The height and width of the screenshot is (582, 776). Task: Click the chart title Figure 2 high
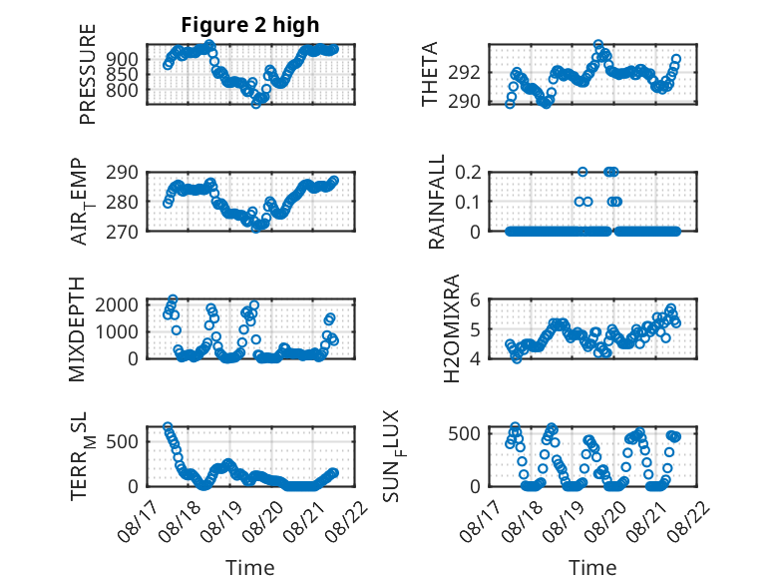pos(250,25)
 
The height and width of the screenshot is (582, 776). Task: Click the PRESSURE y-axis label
pos(87,74)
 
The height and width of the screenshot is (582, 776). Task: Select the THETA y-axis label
pos(430,74)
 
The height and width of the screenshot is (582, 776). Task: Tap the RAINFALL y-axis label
pos(437,202)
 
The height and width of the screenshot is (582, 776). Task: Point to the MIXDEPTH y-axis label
pos(77,329)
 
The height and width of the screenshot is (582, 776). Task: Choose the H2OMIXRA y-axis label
pos(452,328)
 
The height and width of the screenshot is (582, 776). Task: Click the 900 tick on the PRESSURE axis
pos(123,60)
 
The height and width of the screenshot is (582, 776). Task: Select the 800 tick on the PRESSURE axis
pos(123,91)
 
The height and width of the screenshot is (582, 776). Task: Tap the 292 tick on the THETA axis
pos(464,73)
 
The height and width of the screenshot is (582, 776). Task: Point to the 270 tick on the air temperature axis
pos(123,232)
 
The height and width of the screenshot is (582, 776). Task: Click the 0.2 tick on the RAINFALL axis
pos(468,173)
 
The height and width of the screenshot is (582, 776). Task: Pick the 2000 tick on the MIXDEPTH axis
pos(117,304)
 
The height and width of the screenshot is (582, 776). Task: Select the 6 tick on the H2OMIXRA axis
pos(475,299)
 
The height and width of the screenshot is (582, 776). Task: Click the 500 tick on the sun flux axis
pos(464,433)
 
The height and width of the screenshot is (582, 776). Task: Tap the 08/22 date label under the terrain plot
pos(350,518)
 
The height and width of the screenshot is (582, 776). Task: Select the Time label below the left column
pos(250,568)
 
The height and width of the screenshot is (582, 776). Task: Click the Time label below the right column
pos(592,568)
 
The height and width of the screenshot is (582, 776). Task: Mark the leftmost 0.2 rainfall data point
pos(582,172)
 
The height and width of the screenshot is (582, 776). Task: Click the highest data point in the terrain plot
pos(168,426)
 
